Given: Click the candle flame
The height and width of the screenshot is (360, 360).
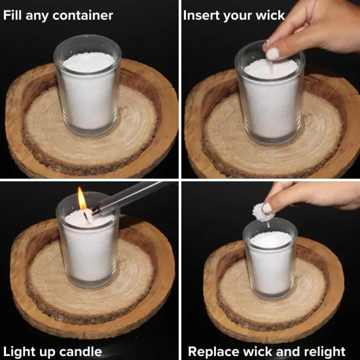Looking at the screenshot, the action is (82, 198).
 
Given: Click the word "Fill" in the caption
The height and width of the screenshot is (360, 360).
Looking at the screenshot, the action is (13, 16).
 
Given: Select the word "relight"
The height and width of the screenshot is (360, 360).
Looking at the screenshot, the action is (325, 351).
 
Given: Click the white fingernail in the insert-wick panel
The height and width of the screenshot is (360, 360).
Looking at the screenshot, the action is (272, 54).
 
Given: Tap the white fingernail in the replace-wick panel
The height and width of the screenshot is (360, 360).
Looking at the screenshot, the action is (266, 208).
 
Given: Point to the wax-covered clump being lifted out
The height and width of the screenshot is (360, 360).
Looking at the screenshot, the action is (262, 212).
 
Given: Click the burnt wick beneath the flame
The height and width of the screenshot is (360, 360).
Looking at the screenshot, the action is (86, 216).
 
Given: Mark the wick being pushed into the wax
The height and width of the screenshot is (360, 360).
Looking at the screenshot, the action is (271, 66).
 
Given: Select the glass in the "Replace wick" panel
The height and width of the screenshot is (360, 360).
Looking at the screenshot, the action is (270, 258).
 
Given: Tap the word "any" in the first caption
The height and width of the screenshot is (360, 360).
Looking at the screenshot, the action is (37, 16).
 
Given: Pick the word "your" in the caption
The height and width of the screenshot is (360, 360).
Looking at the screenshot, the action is (238, 16).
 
